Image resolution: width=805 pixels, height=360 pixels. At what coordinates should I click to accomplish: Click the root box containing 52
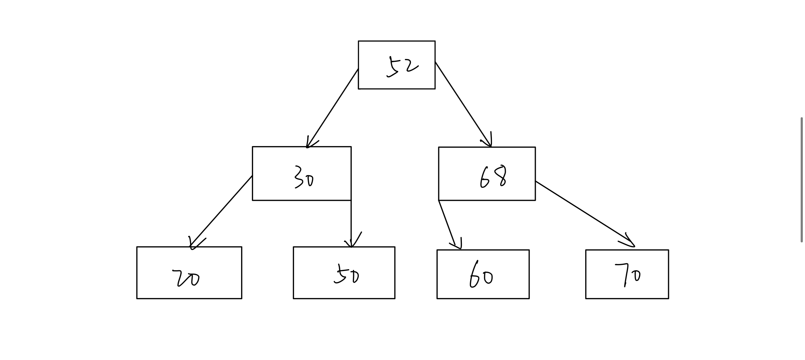point(396,65)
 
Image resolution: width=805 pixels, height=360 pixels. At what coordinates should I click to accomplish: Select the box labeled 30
point(301,173)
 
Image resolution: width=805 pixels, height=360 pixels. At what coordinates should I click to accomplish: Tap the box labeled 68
point(486,173)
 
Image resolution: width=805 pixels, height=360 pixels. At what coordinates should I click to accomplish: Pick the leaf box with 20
point(189,272)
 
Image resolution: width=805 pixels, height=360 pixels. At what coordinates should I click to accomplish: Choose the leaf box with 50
point(344,272)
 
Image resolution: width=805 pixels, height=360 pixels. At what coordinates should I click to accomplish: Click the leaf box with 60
point(483,274)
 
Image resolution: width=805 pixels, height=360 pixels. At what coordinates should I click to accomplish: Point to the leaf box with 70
point(627,274)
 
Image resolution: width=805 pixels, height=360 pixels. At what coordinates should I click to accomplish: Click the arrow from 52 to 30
point(332,108)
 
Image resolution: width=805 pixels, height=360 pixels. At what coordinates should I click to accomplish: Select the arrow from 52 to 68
point(463,105)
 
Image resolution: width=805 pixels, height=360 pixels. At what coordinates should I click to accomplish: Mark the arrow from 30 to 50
point(351,223)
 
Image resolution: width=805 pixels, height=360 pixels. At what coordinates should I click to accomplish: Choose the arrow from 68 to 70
point(585,213)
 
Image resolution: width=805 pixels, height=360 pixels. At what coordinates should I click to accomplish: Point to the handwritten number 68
point(493,177)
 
